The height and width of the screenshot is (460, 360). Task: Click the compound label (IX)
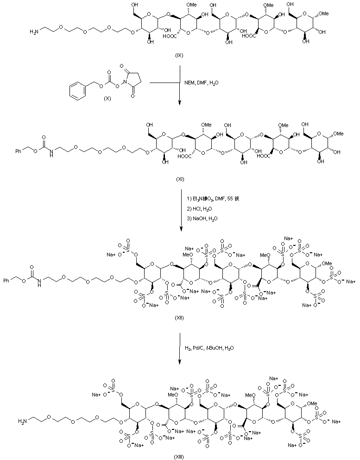point(179,55)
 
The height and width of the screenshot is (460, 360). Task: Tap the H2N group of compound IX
point(34,32)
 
